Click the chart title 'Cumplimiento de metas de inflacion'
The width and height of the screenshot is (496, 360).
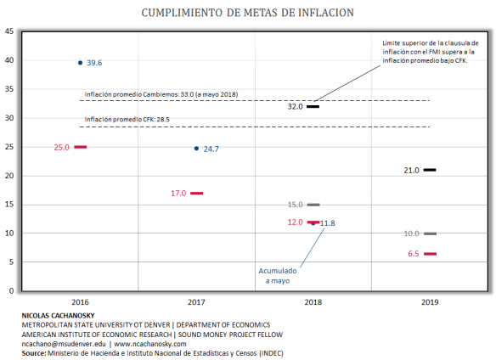(248, 12)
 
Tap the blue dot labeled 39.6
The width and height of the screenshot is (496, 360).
(80, 63)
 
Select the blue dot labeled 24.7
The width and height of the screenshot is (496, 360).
(196, 149)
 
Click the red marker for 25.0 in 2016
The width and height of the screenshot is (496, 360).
(80, 147)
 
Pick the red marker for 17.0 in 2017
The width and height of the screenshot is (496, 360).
(196, 193)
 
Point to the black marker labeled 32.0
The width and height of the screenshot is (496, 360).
(313, 107)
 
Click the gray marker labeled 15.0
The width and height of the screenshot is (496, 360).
(313, 205)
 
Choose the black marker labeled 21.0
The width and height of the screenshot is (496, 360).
(430, 170)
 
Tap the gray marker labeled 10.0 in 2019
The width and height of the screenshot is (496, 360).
(430, 233)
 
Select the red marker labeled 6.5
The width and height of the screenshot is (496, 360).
(430, 254)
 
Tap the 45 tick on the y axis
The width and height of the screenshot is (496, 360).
(8, 31)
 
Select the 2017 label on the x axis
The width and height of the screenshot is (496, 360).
(196, 301)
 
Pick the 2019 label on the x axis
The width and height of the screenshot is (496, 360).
(430, 301)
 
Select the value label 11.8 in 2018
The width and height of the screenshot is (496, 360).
(327, 223)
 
